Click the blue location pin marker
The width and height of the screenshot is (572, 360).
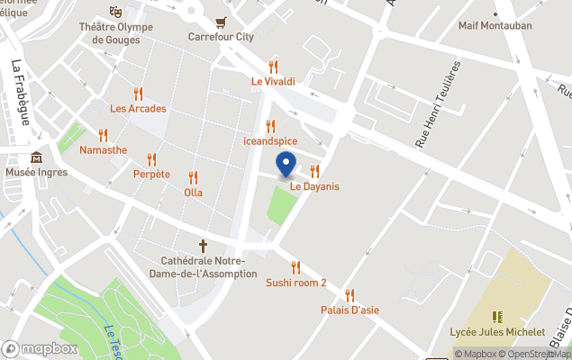coord(286,166)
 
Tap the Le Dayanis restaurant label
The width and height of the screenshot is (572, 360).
coord(314,186)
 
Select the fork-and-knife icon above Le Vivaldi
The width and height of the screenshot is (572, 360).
coord(273,67)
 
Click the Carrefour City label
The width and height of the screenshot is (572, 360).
coord(221,37)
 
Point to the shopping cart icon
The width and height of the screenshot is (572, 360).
coord(221,22)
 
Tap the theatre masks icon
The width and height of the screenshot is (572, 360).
coord(115,12)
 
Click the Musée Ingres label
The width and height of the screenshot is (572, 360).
coord(36,172)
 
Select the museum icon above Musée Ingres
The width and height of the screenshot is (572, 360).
coord(36,157)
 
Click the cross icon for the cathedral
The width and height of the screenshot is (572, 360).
coord(203,245)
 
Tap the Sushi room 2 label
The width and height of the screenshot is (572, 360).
coord(295,283)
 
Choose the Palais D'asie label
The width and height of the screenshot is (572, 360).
coord(350,310)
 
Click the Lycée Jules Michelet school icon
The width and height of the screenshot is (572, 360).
coord(497,317)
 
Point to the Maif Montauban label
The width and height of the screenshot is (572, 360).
coord(495,26)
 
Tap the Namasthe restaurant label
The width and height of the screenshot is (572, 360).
coord(103,150)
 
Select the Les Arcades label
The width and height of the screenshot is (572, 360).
coord(138,109)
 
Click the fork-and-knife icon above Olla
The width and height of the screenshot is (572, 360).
coord(193,177)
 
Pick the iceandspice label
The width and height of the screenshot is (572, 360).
coord(270,141)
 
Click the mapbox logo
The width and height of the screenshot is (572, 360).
coord(39,348)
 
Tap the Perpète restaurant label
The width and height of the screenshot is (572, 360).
coord(151,174)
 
